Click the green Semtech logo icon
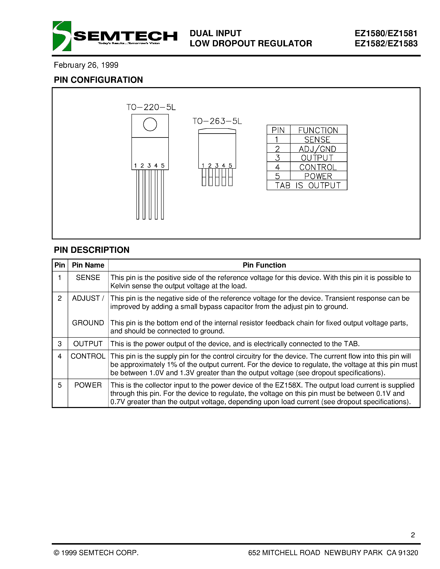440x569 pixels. click(62, 36)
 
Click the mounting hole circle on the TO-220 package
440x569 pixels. click(150, 124)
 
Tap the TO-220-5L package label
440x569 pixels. click(151, 107)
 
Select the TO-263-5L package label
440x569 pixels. click(217, 121)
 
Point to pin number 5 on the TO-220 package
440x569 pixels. click(163, 166)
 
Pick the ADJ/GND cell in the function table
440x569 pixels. click(317, 149)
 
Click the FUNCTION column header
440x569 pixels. click(318, 130)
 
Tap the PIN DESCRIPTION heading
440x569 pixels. click(92, 250)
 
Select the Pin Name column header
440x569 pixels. click(88, 265)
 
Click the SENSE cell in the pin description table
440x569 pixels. click(88, 277)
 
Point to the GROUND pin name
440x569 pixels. click(88, 323)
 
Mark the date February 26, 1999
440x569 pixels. click(86, 65)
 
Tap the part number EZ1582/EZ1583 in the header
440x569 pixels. click(386, 43)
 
